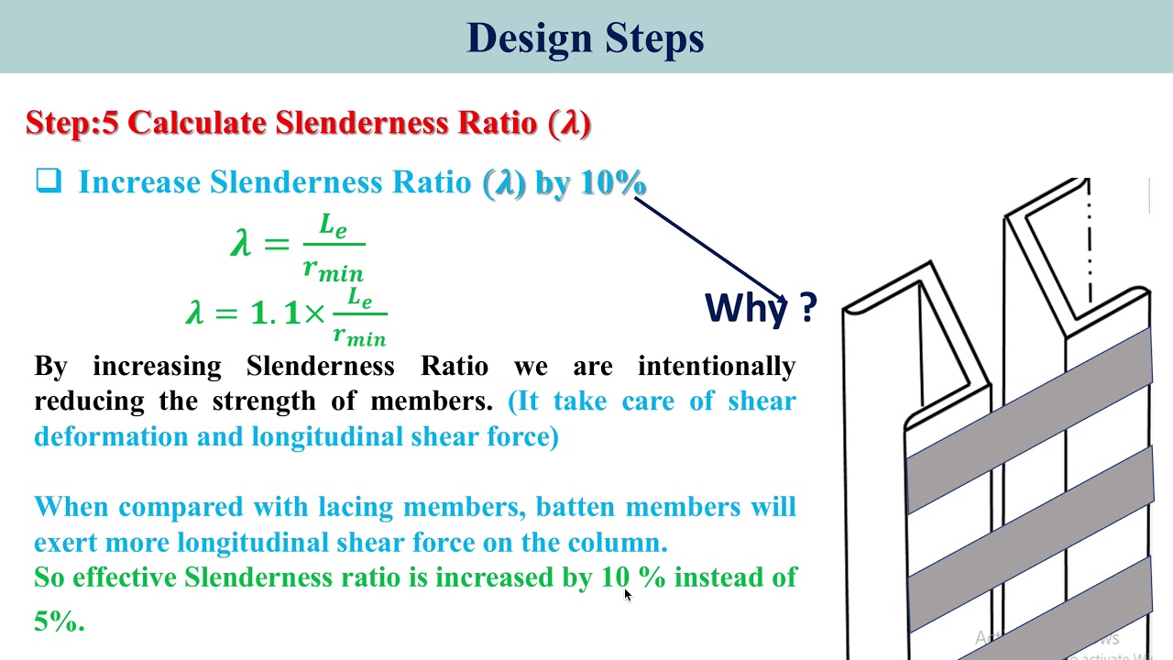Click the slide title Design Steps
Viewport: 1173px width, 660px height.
[585, 38]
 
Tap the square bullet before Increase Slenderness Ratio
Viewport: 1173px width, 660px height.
[49, 181]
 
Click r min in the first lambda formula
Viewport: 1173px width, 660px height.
[333, 269]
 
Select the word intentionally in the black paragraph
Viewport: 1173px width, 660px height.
[716, 367]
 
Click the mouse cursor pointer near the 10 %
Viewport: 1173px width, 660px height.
[628, 594]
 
